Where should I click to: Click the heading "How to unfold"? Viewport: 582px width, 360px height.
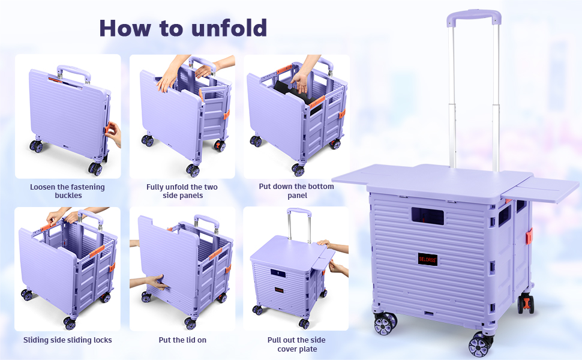[x=183, y=28]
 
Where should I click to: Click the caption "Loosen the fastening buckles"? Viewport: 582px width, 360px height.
[x=67, y=191]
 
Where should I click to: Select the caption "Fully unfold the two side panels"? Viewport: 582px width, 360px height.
[x=182, y=191]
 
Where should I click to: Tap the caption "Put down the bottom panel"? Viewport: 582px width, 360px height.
[x=296, y=191]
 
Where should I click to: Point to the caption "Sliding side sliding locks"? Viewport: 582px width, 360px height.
[x=67, y=340]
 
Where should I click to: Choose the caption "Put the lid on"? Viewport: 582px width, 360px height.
[x=182, y=340]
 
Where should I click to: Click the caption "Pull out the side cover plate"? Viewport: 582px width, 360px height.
[x=296, y=344]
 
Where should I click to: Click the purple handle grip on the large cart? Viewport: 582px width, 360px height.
[x=473, y=18]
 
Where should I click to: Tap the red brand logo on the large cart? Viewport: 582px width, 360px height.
[x=428, y=259]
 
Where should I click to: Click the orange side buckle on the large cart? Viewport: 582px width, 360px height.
[x=529, y=236]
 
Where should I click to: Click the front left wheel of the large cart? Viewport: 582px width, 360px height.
[x=385, y=324]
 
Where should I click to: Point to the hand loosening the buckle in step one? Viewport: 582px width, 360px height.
[x=113, y=133]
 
